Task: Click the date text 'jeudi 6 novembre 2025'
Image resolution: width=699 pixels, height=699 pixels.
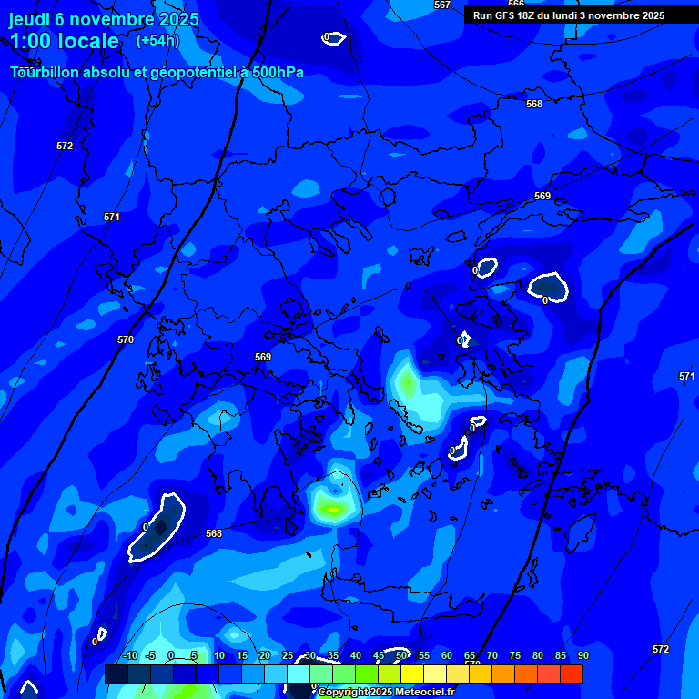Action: [x=104, y=19]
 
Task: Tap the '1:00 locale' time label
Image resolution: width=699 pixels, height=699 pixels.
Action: [x=64, y=41]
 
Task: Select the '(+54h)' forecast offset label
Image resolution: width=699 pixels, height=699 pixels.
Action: [x=157, y=41]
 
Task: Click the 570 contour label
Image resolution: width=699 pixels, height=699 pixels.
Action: [x=126, y=339]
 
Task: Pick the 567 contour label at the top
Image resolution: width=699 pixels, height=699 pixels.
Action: [x=442, y=5]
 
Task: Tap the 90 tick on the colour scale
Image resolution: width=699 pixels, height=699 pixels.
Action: [x=582, y=655]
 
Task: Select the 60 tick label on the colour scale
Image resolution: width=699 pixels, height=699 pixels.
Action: [x=446, y=655]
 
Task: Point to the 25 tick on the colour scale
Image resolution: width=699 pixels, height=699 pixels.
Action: [x=287, y=655]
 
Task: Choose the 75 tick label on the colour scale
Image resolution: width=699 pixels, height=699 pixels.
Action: [x=514, y=655]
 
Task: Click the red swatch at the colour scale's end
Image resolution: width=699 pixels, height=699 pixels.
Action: [x=572, y=674]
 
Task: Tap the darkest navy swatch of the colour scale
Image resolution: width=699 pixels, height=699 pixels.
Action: [x=116, y=674]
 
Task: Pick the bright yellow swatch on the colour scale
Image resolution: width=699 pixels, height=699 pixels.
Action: [x=412, y=674]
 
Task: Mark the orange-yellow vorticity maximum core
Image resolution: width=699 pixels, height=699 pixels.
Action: [x=333, y=510]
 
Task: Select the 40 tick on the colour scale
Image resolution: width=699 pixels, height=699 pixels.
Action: [x=355, y=655]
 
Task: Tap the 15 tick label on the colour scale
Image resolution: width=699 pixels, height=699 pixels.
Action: [x=241, y=655]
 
